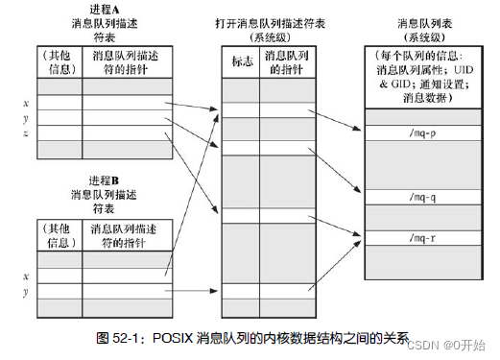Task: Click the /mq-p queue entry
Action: [421, 133]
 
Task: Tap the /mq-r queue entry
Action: [421, 237]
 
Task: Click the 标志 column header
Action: [240, 62]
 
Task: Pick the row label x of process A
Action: [26, 103]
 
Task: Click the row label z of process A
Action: [26, 133]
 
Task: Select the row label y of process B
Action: [26, 289]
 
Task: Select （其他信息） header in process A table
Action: [60, 62]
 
